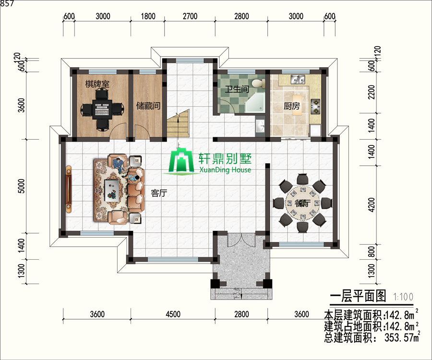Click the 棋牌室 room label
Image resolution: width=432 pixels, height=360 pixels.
pos(97,84)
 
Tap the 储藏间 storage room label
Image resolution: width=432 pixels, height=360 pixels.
pos(148,106)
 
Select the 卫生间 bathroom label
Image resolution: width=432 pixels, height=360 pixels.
pos(237,89)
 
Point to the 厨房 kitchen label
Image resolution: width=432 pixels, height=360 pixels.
pos(291,106)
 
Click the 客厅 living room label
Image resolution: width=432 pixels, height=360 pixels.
pos(159,193)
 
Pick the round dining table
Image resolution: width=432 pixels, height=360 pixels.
pos(302,203)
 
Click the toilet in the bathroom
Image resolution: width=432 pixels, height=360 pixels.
pos(257,83)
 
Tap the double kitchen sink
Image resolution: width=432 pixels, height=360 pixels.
pos(298,79)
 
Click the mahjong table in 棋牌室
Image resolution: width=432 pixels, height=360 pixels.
pos(102,109)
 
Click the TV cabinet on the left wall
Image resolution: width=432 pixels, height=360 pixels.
pos(68,189)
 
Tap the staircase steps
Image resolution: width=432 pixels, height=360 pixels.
pos(178,124)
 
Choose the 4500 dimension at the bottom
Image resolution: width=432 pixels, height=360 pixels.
pos(173,314)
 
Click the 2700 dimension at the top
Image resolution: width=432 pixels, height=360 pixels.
pos(190,16)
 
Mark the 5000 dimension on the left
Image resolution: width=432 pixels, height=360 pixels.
pos(21,186)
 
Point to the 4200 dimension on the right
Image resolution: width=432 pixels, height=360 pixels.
pos(372,204)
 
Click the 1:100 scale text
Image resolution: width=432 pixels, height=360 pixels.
pos(403,297)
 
